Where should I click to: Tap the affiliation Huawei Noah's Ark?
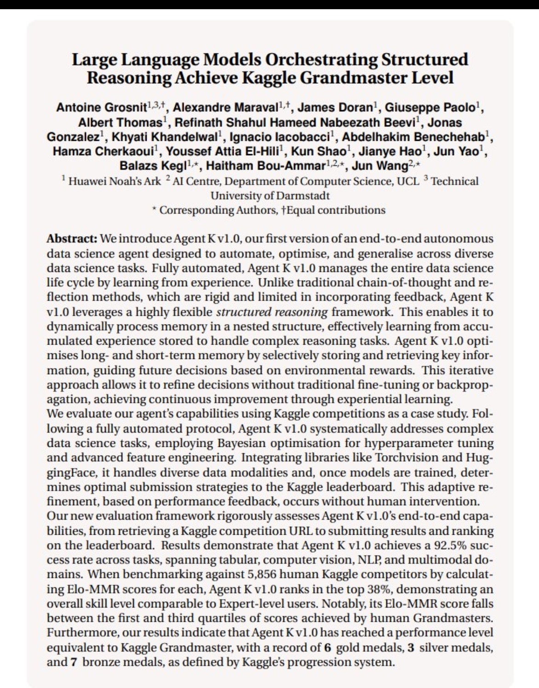(115, 181)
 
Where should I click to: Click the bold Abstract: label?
(72, 239)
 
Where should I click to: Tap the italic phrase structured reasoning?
(272, 312)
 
